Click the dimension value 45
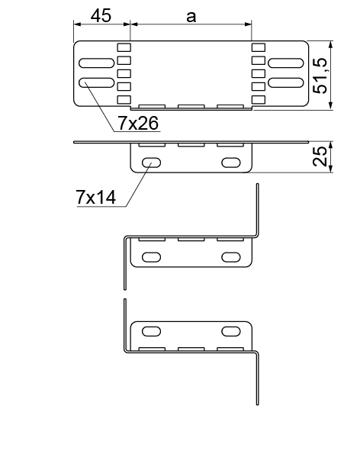[101, 15]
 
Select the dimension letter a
[191, 17]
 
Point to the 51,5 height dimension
[320, 76]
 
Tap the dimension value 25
[320, 156]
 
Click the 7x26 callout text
[138, 123]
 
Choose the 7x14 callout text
[96, 198]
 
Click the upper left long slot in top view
[97, 63]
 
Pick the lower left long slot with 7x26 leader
[97, 83]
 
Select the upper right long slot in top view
[286, 63]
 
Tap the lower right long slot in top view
[286, 83]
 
